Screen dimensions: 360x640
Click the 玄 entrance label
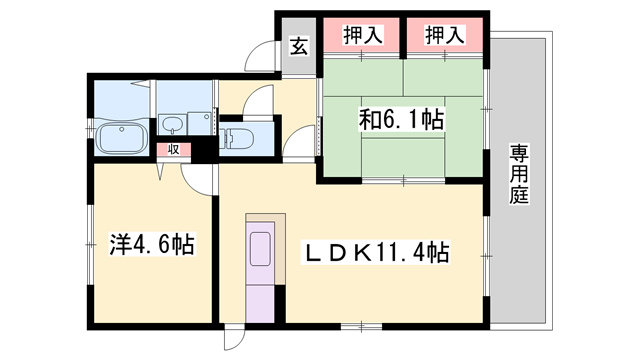298,44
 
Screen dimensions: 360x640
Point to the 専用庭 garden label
519,175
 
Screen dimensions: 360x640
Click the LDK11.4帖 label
376,254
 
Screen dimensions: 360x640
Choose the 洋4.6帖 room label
152,243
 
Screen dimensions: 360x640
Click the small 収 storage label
173,149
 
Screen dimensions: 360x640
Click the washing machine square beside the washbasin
208,118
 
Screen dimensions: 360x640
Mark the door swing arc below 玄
261,57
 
